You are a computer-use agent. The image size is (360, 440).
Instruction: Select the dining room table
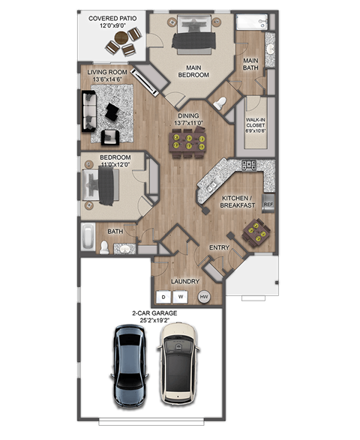pos(188,142)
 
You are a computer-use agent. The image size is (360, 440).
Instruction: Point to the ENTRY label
pos(219,247)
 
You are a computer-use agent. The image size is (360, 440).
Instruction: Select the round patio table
pos(124,41)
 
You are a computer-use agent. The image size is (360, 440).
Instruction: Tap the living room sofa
pos(89,112)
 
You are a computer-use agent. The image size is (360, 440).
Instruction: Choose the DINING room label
pos(187,115)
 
